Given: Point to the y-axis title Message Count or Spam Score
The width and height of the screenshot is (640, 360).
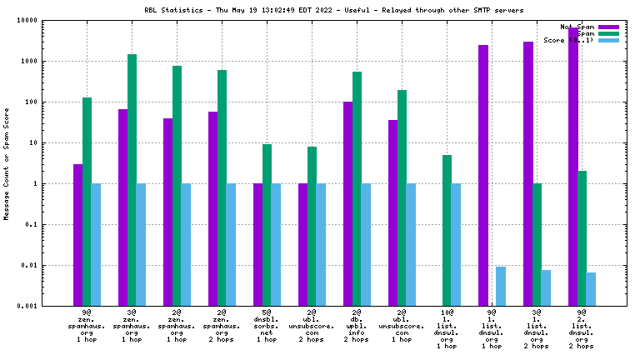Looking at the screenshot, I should click(x=7, y=162).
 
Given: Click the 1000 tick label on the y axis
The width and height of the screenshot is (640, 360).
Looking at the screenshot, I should click(x=52, y=61).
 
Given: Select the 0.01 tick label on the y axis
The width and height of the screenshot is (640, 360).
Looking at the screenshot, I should click(x=52, y=265).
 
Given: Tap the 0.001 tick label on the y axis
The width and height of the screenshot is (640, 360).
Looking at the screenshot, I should click(x=49, y=306).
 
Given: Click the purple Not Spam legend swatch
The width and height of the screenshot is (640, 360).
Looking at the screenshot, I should click(x=609, y=27).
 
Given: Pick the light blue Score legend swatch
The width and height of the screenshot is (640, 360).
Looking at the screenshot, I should click(x=609, y=40).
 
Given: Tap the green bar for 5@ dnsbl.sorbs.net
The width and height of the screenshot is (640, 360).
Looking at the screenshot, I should click(x=267, y=225).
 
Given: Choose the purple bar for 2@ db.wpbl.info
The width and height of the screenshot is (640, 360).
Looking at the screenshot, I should click(x=347, y=203).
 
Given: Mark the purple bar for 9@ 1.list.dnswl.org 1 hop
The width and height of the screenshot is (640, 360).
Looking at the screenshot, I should click(x=482, y=175).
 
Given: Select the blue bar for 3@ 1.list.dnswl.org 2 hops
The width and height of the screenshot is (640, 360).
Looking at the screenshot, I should click(x=546, y=287).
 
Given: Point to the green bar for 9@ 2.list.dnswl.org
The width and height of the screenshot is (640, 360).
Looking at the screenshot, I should click(x=582, y=238).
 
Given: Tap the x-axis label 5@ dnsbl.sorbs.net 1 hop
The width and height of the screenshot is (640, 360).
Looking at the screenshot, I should click(x=267, y=325).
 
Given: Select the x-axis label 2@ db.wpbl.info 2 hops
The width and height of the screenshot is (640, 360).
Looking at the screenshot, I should click(x=357, y=325).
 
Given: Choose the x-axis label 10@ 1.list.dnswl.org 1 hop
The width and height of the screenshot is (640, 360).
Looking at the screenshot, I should click(x=447, y=328).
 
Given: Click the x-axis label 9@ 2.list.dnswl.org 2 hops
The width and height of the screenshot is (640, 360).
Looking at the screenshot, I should click(x=582, y=328).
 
